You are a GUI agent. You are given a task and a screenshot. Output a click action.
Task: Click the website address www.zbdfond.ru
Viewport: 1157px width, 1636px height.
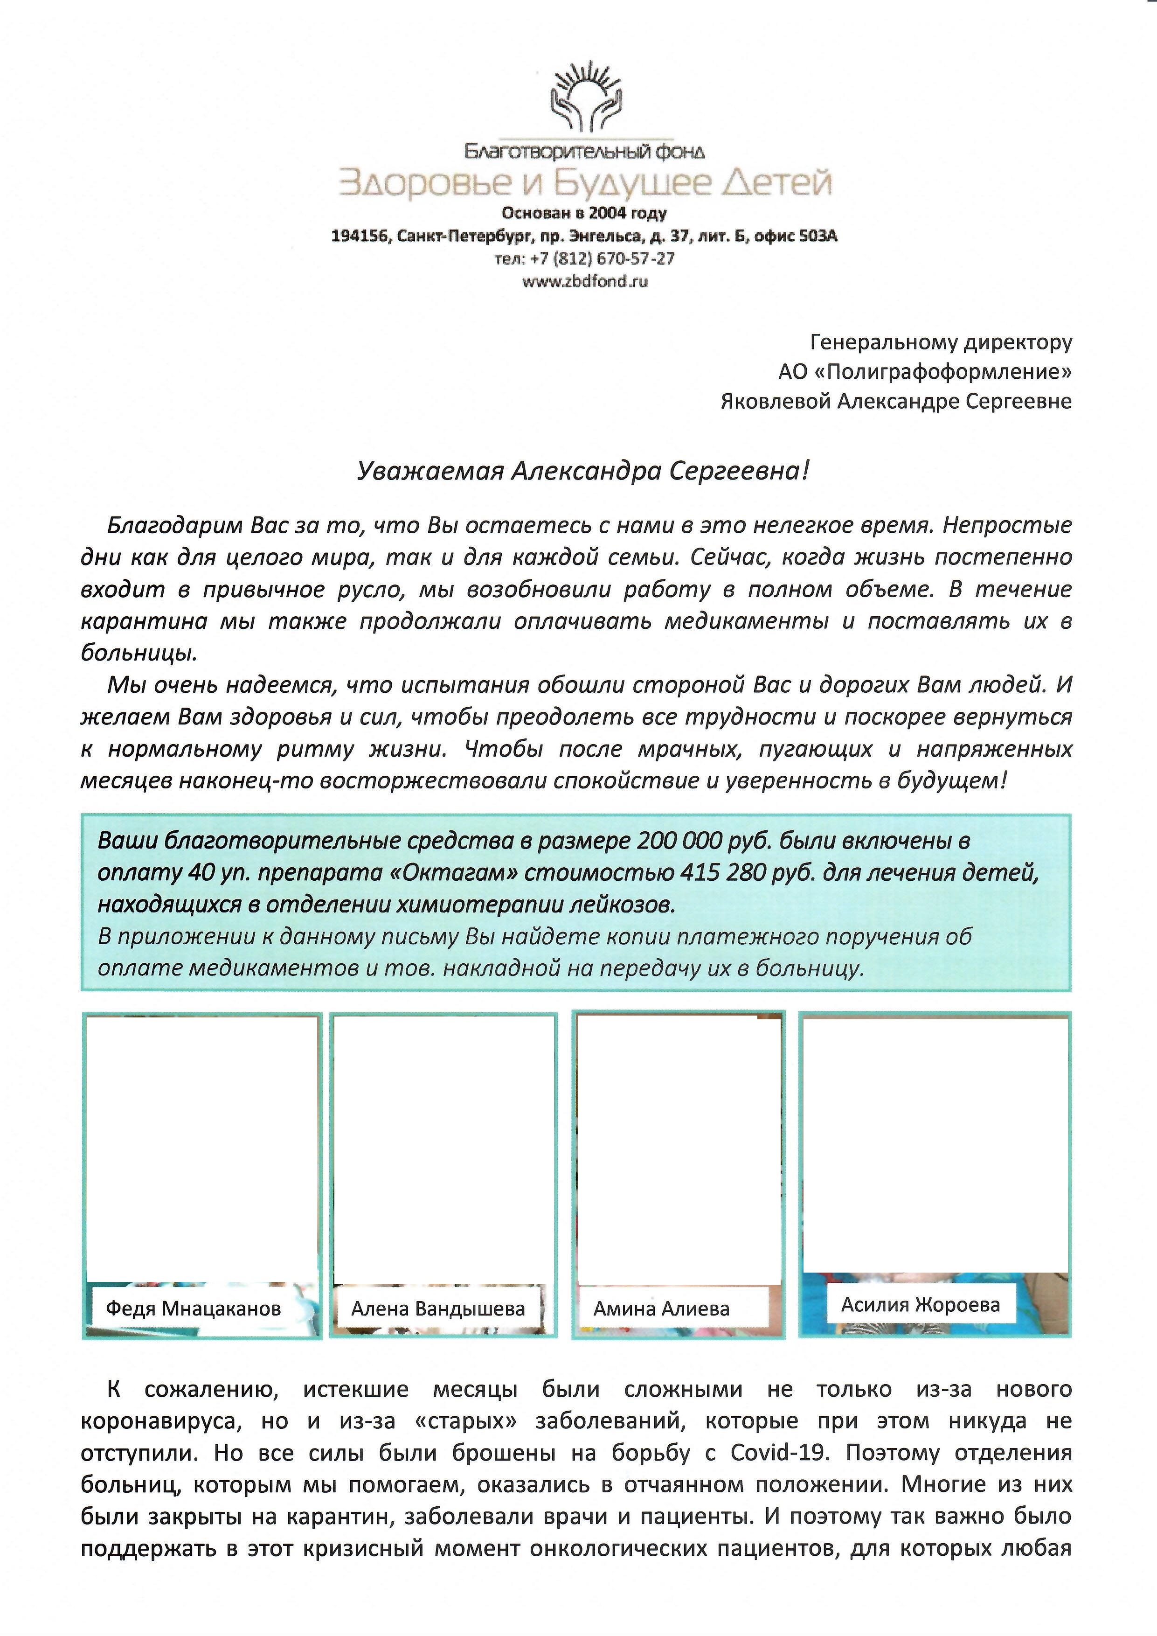585,281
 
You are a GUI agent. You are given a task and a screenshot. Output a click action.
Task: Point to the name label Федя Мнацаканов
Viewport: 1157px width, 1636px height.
193,1308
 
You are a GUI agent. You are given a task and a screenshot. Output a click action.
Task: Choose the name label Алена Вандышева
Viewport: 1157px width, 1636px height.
438,1308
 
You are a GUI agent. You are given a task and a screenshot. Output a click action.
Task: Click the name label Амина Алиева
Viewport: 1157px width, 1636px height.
661,1308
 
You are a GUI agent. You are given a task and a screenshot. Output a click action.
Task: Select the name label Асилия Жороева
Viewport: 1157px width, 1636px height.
921,1305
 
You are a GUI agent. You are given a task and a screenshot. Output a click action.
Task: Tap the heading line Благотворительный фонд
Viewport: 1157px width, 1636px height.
584,151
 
